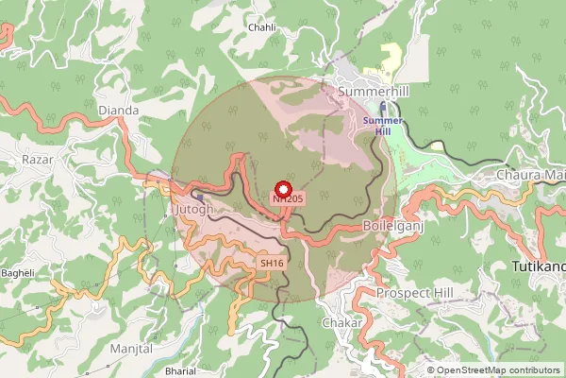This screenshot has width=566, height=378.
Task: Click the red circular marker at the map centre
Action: [282, 187]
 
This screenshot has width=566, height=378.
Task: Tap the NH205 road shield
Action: [287, 198]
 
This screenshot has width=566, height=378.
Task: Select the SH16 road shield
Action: [271, 262]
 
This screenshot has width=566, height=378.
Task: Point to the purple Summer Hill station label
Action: [383, 126]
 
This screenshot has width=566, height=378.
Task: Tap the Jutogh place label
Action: [194, 208]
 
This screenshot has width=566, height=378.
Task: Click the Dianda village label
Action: [118, 111]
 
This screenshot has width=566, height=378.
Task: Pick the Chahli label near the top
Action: [261, 27]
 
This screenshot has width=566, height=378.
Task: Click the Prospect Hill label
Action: [415, 293]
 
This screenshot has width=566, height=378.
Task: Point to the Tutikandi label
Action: [538, 267]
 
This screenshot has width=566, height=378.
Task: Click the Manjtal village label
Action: [131, 349]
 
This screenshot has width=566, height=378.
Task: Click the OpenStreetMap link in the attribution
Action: [476, 369]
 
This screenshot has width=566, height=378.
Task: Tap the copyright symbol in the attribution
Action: [431, 369]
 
